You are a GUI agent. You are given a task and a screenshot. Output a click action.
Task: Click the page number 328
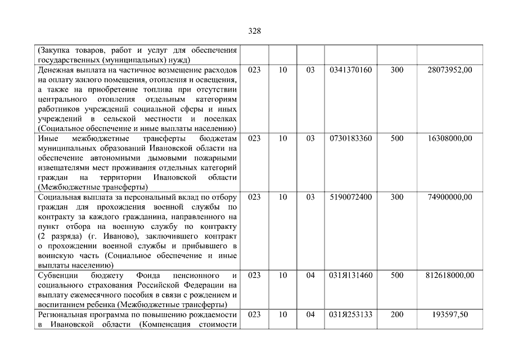pos(254,31)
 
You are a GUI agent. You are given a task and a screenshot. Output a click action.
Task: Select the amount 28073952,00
pos(449,70)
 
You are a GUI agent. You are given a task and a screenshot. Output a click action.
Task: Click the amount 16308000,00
pos(449,138)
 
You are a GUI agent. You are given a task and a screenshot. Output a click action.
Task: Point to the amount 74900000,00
pos(449,197)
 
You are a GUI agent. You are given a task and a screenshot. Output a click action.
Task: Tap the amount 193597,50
pos(453,314)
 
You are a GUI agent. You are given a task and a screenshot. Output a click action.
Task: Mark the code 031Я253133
pos(350,314)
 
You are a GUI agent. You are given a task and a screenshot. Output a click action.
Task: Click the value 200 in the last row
pos(397,314)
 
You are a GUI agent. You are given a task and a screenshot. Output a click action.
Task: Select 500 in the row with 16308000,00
pos(397,138)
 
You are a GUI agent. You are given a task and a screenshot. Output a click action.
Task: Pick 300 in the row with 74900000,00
pos(397,197)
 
